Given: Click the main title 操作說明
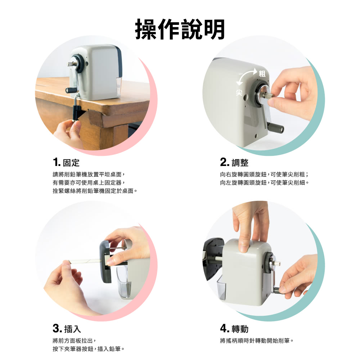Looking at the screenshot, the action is click(x=180, y=29).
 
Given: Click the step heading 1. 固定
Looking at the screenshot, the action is click(x=66, y=162).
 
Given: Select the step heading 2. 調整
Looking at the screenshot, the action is click(x=234, y=162).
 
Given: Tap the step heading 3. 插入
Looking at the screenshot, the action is click(x=67, y=329).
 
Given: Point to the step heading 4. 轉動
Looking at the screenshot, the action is click(x=234, y=329).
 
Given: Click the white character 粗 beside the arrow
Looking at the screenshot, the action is click(x=262, y=74).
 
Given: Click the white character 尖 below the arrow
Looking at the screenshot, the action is click(x=239, y=93).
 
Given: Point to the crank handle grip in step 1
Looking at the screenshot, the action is click(x=72, y=90).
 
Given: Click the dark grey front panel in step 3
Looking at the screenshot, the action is click(x=105, y=261).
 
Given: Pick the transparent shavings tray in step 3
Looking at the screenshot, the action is click(x=124, y=282).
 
